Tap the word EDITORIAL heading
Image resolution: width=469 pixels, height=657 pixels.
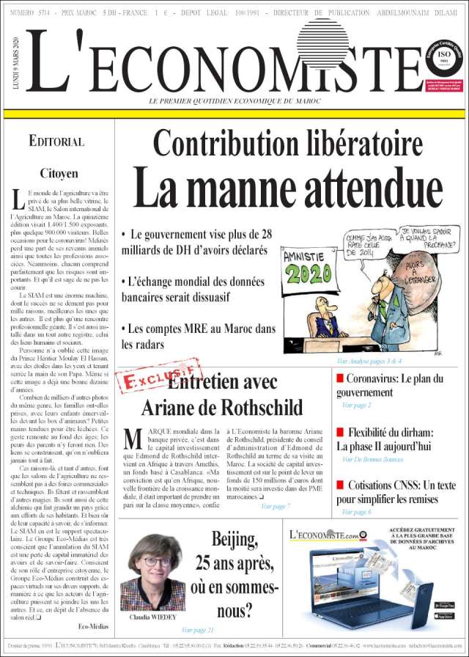(x=56, y=142)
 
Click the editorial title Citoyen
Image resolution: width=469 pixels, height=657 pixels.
(x=58, y=173)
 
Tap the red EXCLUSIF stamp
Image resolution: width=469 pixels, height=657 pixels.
(x=158, y=379)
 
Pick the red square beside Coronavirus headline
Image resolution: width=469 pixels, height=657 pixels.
(x=339, y=378)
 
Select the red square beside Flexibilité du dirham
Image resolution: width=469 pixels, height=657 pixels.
(x=339, y=432)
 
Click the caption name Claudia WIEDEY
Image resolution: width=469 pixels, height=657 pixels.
(x=152, y=617)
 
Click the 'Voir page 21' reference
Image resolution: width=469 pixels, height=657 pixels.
(x=198, y=629)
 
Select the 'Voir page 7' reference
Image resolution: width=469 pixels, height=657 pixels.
(x=275, y=506)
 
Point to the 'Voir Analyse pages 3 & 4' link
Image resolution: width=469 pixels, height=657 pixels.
(x=369, y=361)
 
